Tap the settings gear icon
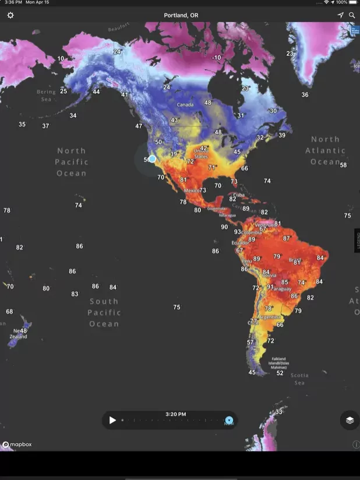[10, 15]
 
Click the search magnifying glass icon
[352, 15]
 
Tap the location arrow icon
[340, 15]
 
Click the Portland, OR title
[180, 15]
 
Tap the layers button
[350, 419]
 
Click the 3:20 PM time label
[175, 414]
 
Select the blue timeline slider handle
[230, 420]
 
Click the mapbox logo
[17, 444]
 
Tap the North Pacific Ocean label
[71, 162]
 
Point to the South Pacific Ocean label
[104, 312]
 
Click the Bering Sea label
[46, 95]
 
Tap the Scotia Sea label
[299, 379]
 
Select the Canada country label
[185, 105]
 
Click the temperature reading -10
[217, 58]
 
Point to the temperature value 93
[238, 232]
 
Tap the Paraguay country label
[282, 289]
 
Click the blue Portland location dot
[152, 158]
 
